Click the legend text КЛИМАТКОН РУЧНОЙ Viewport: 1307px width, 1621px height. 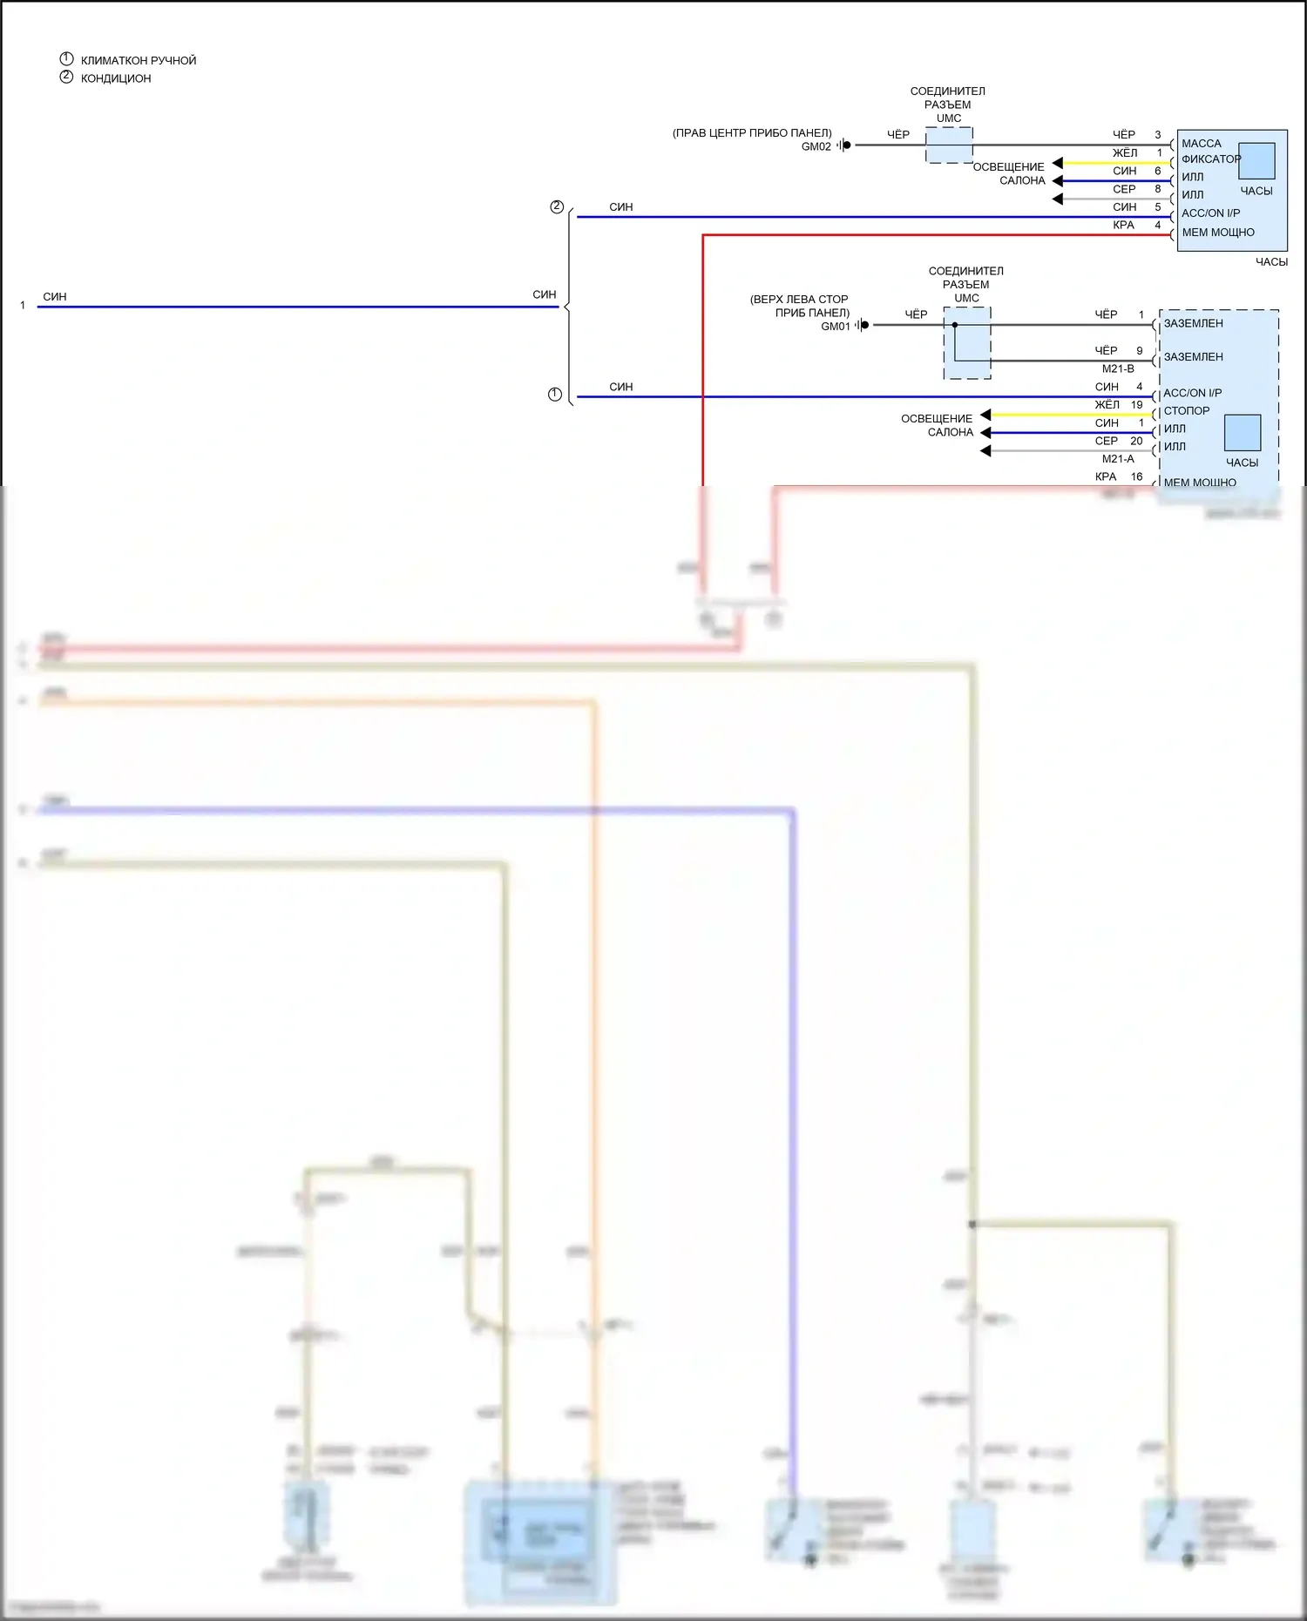coord(139,61)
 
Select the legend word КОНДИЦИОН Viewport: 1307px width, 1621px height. coord(116,78)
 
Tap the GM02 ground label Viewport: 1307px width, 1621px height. coord(816,146)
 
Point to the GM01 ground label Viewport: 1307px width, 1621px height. coord(835,327)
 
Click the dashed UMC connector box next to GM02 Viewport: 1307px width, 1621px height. coord(949,145)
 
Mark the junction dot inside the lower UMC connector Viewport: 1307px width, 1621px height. coord(955,325)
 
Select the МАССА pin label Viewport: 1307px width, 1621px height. coord(1201,144)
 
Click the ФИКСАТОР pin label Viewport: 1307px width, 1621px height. coord(1210,159)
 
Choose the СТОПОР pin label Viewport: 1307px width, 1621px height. coord(1186,411)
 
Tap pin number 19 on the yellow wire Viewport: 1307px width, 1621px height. coord(1136,405)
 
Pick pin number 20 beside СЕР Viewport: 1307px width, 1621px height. coord(1136,442)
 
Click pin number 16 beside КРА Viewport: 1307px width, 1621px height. coord(1136,477)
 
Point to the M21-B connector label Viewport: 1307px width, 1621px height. coord(1118,369)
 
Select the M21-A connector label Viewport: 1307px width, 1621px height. coord(1118,459)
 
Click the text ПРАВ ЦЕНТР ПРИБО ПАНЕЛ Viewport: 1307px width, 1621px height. coord(751,133)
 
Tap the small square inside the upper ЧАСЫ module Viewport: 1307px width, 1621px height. coord(1256,161)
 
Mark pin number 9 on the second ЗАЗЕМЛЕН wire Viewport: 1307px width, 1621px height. coord(1139,351)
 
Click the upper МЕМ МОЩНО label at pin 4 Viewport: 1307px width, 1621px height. coord(1217,233)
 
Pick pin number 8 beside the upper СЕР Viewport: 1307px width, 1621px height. coord(1157,189)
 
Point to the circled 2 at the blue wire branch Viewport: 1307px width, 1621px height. coord(557,207)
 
